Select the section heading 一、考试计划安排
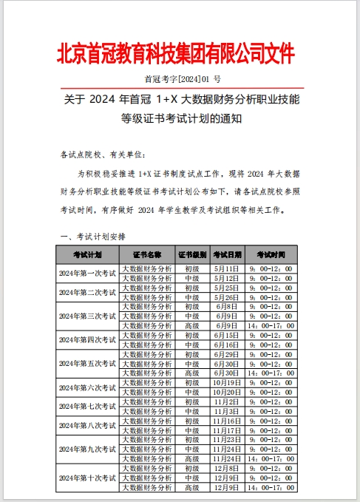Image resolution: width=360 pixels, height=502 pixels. coord(92,237)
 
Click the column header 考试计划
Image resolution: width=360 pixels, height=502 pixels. coord(88,254)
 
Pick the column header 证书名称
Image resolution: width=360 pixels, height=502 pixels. coord(147,254)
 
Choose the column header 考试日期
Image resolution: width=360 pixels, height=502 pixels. coord(228,254)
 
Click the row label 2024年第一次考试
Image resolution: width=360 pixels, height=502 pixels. coord(88,273)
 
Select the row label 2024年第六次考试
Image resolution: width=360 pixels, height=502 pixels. coord(88,387)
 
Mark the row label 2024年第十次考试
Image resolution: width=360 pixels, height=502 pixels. coord(88,478)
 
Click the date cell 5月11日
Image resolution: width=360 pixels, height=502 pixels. coord(228,268)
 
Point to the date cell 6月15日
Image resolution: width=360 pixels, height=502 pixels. coord(228,334)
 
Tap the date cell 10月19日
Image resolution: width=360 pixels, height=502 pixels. coord(228,382)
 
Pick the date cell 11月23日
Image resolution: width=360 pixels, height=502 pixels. coord(228,439)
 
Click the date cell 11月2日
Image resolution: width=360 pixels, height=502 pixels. coord(228,401)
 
